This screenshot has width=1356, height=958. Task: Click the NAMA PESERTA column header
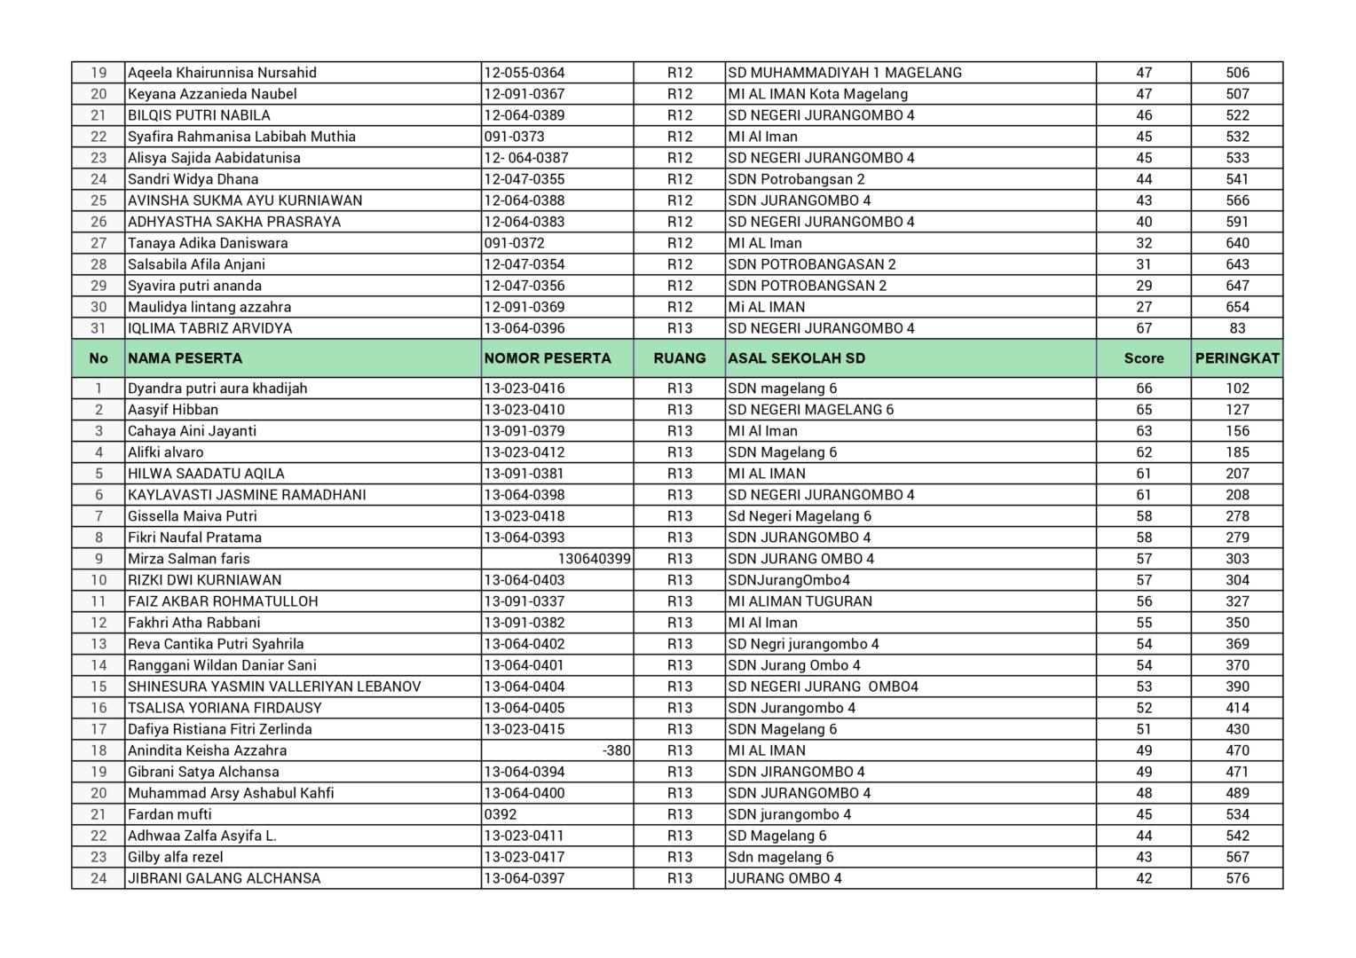click(185, 358)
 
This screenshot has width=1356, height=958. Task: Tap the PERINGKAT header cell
click(1236, 358)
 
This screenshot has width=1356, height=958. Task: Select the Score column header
click(1143, 358)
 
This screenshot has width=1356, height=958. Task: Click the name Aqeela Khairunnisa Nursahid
click(222, 73)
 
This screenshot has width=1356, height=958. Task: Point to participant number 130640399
click(594, 559)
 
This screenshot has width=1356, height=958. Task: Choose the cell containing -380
click(616, 750)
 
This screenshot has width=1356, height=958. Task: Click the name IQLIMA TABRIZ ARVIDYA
click(209, 328)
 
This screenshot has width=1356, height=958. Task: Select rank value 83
click(1237, 328)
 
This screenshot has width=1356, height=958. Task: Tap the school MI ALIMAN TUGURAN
click(800, 601)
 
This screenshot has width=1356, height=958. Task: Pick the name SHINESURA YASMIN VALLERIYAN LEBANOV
click(274, 687)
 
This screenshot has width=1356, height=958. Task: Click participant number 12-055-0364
click(524, 73)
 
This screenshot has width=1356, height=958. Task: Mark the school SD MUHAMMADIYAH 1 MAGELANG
click(844, 73)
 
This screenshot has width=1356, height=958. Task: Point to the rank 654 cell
click(1237, 307)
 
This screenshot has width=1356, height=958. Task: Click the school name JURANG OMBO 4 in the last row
click(784, 878)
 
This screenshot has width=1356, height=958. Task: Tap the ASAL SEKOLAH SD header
click(796, 358)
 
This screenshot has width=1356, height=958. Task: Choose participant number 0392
click(501, 814)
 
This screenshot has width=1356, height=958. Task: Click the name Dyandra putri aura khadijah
click(217, 389)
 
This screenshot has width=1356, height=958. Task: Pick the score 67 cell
click(1144, 328)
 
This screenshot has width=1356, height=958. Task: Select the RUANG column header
click(680, 358)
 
